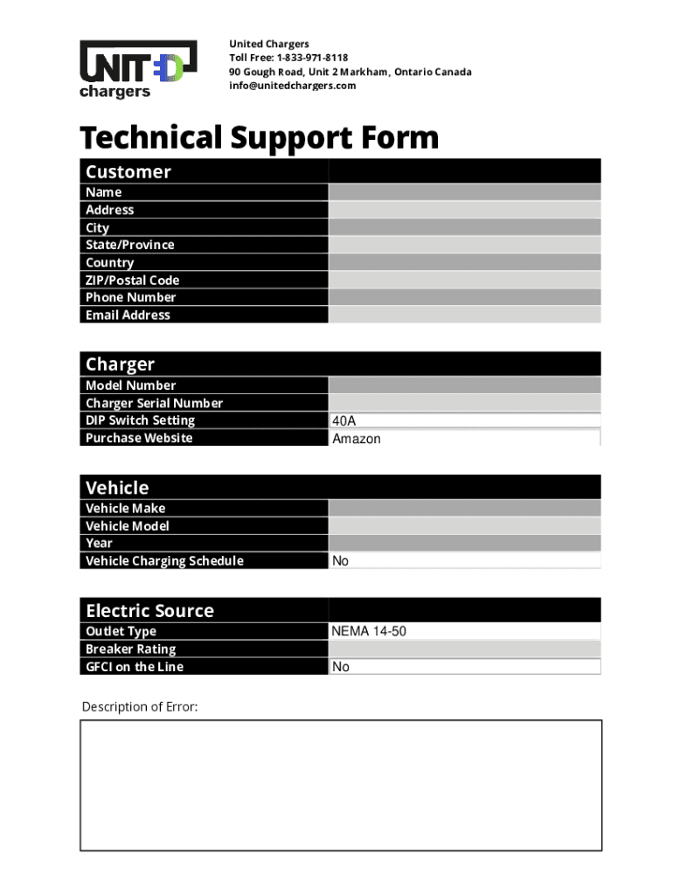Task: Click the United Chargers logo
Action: coord(132,68)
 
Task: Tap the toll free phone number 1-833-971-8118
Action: coord(312,58)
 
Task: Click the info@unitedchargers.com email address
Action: coord(292,86)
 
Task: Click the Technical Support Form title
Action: coord(260,138)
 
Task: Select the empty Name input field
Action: coord(464,192)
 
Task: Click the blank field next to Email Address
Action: coord(464,315)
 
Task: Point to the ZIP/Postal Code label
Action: coord(132,280)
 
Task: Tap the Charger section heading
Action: coord(120,364)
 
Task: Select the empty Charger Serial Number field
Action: coord(464,403)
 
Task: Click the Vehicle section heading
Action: coord(117,488)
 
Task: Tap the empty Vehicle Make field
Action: coord(464,508)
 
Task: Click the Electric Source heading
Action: coord(149,610)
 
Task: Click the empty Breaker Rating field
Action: coord(464,649)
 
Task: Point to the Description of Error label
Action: coord(140,706)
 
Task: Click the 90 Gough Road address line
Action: coord(350,72)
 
